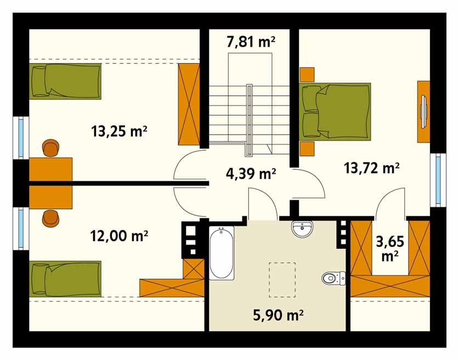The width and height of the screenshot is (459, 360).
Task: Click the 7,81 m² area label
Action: point(251,42)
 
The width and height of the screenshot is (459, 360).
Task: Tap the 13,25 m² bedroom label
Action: point(119,131)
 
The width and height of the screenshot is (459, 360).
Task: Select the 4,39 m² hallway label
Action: point(251,174)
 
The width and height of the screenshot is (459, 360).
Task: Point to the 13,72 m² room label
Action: point(371,168)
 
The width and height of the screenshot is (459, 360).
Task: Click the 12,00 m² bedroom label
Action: point(119,236)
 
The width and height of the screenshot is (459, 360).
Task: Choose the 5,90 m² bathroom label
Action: point(278,315)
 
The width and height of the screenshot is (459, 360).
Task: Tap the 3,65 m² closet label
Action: point(390,249)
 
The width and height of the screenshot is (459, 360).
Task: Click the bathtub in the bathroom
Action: point(222,253)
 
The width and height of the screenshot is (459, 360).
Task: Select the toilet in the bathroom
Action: point(334,278)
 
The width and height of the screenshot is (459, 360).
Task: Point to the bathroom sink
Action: point(302,228)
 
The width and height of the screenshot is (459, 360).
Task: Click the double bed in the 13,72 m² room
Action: point(335,111)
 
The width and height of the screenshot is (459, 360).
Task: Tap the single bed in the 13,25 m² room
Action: point(65,81)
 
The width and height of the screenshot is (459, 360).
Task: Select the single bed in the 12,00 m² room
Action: point(65,279)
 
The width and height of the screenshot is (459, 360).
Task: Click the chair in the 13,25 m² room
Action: point(51,148)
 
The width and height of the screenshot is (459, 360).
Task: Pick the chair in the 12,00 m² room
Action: point(51,219)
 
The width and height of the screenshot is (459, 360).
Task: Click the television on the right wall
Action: point(423,111)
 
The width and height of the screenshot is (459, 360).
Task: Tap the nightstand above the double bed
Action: point(307,75)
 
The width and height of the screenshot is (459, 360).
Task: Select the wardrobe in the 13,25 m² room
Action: point(189,104)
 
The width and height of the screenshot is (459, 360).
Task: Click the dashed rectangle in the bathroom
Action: point(282,280)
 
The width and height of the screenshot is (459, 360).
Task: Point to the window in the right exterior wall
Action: point(438,180)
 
